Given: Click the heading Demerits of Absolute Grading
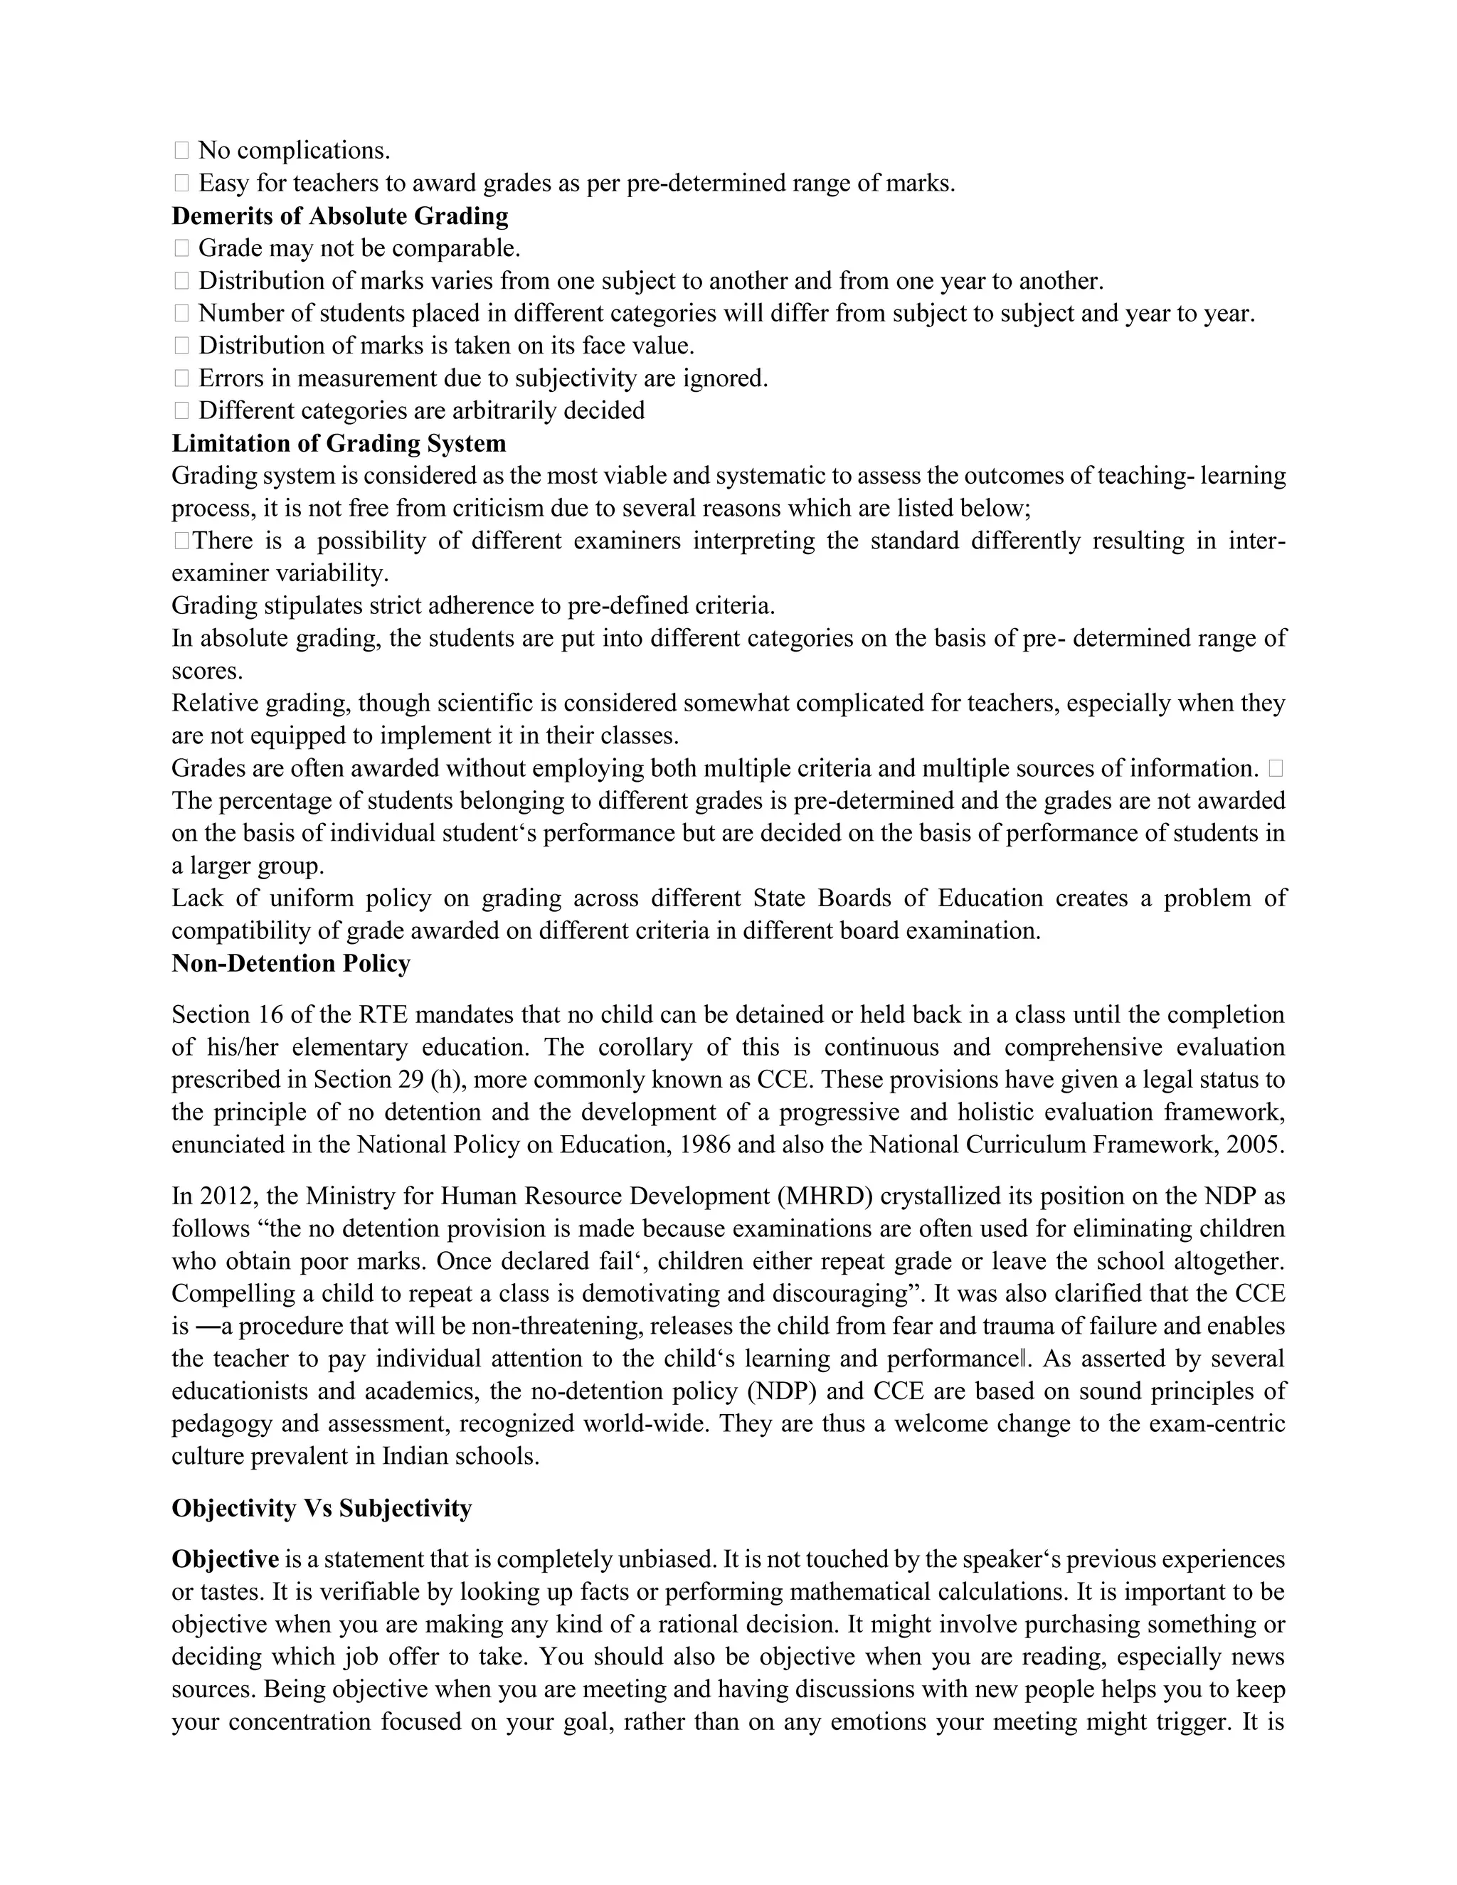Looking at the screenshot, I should (x=340, y=216).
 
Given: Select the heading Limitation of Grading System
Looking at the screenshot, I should (x=339, y=444).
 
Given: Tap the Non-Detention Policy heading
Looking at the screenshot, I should (x=291, y=963).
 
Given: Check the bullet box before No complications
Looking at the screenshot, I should (x=181, y=151).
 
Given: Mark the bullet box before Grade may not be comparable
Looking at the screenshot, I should (x=181, y=248).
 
